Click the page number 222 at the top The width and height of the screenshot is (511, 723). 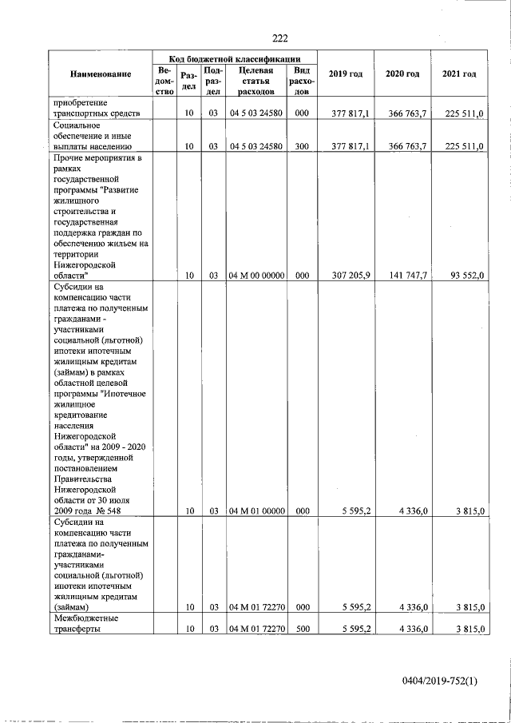pos(279,38)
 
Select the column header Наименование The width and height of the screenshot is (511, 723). pos(101,74)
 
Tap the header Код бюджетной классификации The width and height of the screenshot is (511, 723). pos(234,58)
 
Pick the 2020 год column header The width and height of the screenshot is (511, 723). pos(402,74)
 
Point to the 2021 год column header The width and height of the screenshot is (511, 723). pos(459,74)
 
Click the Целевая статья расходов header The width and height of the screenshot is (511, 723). pos(256,81)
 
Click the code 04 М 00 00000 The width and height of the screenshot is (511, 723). pos(257,275)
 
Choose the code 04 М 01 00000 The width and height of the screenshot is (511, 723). pos(257,510)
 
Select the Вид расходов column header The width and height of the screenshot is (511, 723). pos(302,81)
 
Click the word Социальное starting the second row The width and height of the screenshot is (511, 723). pos(76,125)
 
